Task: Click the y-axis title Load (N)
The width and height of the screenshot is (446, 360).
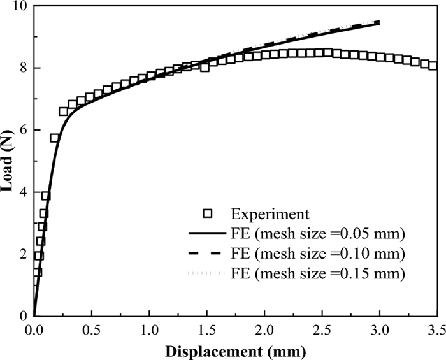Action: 9,161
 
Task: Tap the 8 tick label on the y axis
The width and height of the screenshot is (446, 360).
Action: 23,69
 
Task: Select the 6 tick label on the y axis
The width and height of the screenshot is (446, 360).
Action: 23,131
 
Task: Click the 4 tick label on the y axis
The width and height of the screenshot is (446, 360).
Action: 23,192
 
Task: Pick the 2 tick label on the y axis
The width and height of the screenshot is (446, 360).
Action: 23,254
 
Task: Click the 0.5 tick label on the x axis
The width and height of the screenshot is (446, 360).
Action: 91,330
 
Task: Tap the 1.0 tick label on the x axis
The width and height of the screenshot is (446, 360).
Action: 148,330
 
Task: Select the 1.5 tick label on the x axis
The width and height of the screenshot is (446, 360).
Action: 206,330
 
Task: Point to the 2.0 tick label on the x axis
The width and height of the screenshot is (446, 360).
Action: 264,330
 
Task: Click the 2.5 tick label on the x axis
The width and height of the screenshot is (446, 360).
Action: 322,330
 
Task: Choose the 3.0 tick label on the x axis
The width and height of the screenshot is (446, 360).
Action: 379,330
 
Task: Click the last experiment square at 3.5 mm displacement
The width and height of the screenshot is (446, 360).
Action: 433,65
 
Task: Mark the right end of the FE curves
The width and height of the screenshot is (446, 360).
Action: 379,23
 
